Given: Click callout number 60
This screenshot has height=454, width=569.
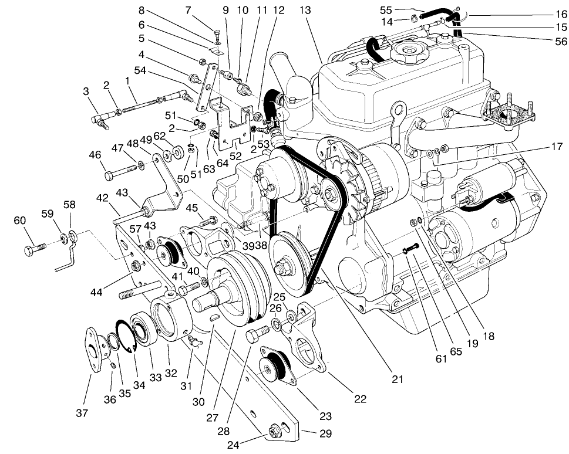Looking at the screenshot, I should click(x=20, y=221).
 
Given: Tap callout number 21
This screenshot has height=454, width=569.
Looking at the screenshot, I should click(x=398, y=379).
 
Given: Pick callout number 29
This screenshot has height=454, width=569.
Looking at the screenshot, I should click(x=325, y=434).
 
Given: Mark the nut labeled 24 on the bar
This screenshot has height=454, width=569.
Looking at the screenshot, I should click(x=274, y=433).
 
